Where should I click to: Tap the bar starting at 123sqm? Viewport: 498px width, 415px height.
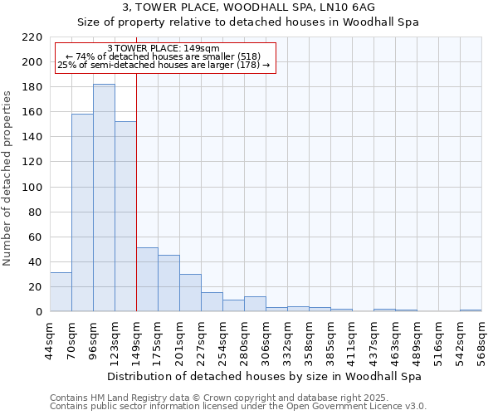(x=125, y=216)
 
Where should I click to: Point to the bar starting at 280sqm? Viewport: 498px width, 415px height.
(x=255, y=304)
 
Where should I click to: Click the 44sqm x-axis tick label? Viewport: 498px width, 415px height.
(x=50, y=339)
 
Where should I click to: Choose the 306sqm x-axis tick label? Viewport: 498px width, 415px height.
(x=266, y=339)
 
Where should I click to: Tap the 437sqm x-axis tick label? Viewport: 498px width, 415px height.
(x=373, y=339)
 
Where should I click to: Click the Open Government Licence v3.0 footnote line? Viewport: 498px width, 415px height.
(x=238, y=406)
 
